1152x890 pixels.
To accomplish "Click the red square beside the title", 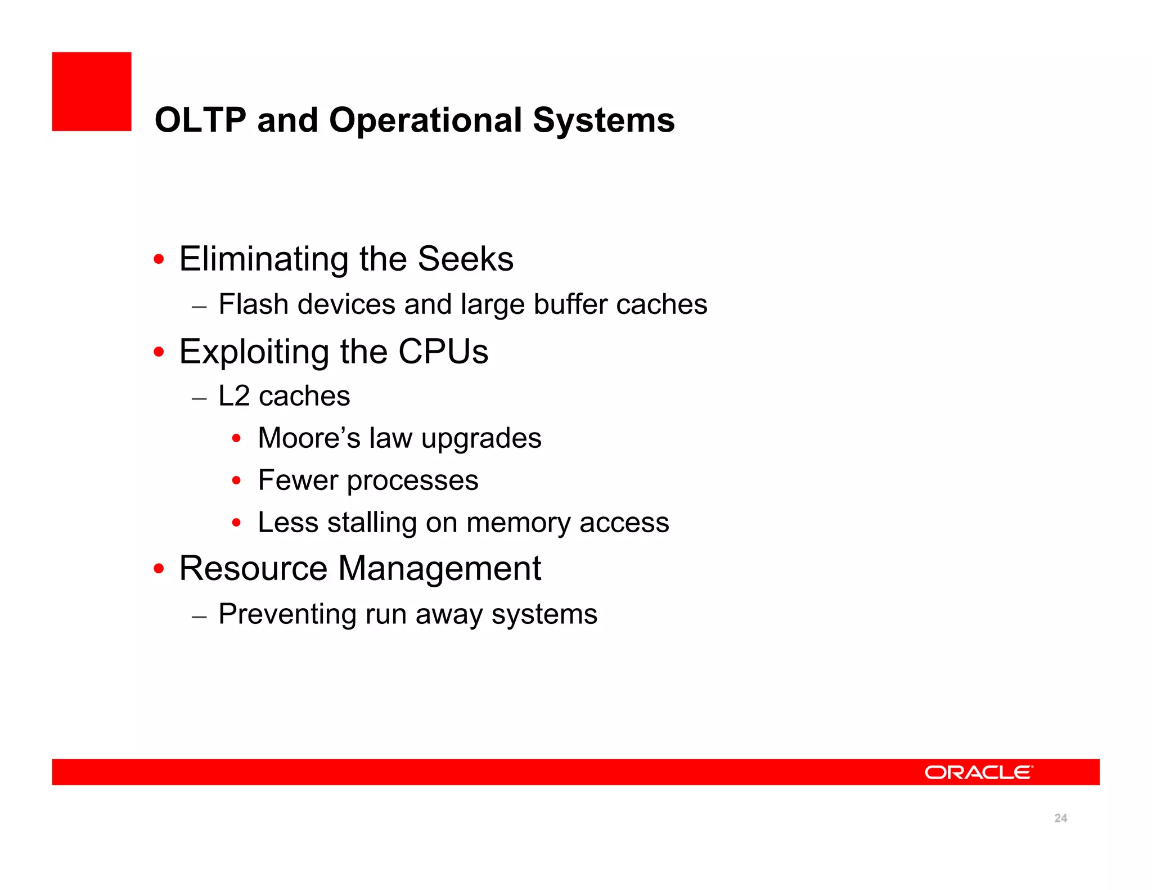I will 92,92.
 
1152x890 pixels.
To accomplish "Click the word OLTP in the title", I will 200,120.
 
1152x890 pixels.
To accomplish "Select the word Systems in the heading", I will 603,120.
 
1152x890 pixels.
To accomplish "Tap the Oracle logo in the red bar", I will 978,772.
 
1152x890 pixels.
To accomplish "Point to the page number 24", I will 1060,818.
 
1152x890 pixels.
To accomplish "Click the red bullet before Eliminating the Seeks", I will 159,259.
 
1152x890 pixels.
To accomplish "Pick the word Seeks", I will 465,259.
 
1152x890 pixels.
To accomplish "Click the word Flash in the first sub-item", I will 253,304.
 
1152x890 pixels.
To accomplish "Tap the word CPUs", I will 443,352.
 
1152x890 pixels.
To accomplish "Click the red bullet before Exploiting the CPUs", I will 159,352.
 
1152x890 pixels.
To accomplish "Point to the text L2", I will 233,396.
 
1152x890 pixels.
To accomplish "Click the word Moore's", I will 308,438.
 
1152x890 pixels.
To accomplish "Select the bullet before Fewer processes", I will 237,480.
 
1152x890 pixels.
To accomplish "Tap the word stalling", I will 372,523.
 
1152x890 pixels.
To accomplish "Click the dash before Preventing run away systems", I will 199,616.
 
